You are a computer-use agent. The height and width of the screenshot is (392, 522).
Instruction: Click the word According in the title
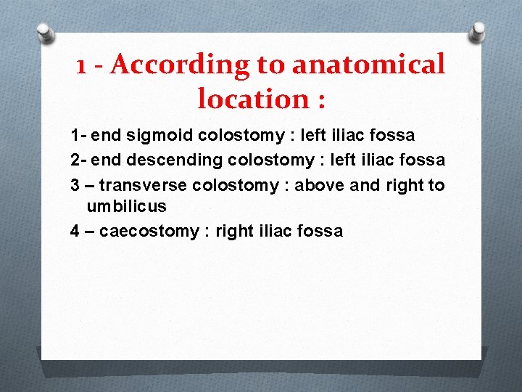pos(177,65)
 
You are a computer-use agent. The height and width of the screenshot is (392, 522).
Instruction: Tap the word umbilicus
pos(126,206)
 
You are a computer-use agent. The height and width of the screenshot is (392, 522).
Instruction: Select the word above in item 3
pos(320,185)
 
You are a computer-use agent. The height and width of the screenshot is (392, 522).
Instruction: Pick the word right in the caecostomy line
pos(236,231)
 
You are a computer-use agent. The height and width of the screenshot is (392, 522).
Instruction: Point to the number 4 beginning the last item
pos(75,231)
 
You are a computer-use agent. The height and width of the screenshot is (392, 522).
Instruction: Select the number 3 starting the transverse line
pos(75,185)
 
